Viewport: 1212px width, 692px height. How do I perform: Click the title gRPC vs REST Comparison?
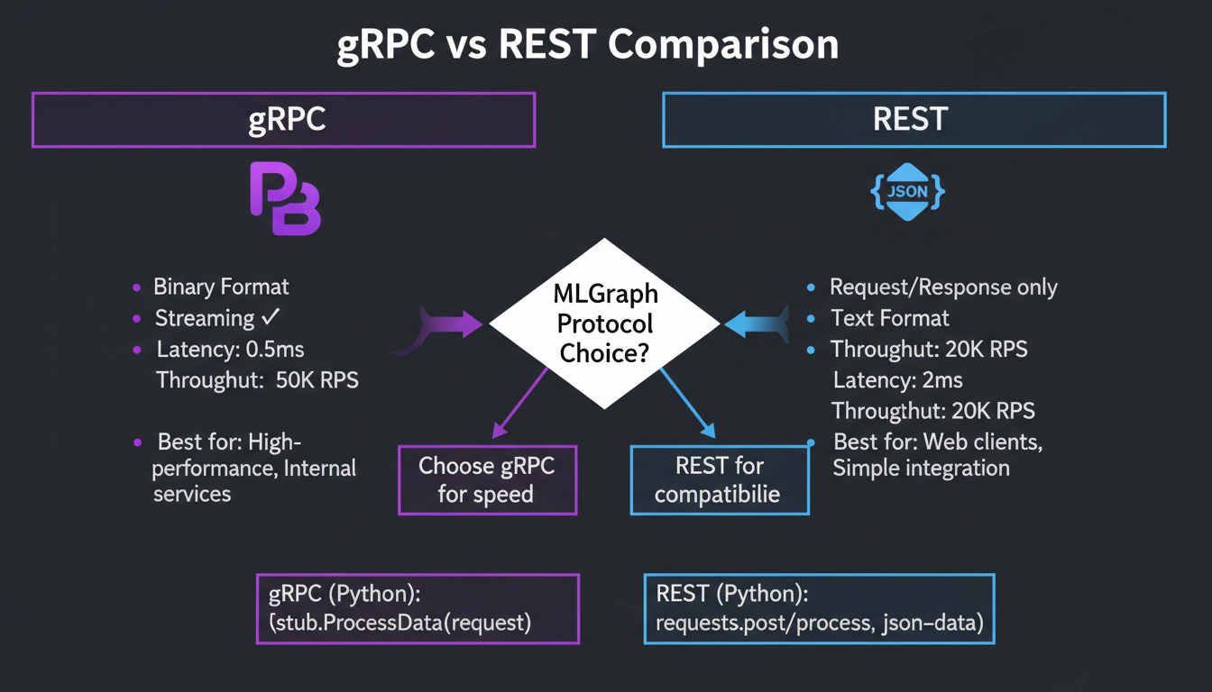click(588, 45)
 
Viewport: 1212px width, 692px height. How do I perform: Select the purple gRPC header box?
click(284, 119)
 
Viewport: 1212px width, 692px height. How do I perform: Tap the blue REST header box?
click(914, 119)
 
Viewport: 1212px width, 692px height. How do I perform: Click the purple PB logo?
click(284, 199)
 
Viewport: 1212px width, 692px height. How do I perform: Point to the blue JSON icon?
click(908, 191)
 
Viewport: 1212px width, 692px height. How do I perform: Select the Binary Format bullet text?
click(221, 287)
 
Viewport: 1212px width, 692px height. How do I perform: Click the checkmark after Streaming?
click(270, 317)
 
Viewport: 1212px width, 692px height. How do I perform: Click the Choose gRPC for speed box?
click(487, 480)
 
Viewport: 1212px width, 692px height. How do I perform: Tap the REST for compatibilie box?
click(719, 480)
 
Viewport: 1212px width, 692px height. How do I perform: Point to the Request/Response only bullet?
click(943, 287)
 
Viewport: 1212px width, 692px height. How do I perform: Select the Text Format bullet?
click(889, 318)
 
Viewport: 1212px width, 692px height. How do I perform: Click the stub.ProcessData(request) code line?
click(401, 623)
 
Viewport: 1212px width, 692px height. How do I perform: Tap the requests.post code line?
click(819, 623)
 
